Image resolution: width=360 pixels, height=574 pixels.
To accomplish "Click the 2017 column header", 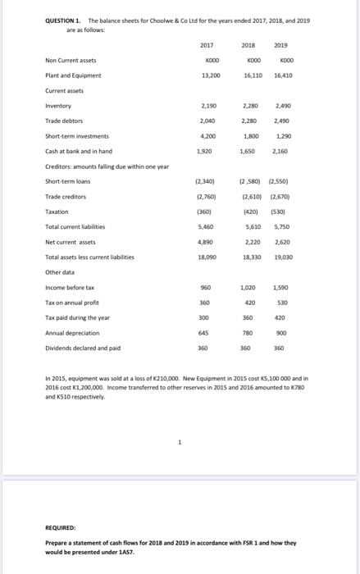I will click(x=206, y=46).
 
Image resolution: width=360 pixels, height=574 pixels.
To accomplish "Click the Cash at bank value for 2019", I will click(x=304, y=151).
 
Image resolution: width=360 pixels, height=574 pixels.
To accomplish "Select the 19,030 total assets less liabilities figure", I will click(x=304, y=256).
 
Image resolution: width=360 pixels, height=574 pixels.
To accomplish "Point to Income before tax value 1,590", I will click(x=304, y=287).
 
